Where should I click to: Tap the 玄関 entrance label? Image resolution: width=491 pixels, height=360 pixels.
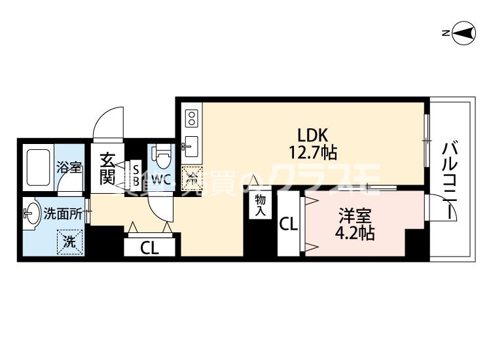107,169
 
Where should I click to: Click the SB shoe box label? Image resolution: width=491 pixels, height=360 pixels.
136,174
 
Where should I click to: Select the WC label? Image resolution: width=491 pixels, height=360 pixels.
161,178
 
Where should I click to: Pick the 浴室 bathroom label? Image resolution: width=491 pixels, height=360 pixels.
68,167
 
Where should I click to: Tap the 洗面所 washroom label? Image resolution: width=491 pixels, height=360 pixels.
62,213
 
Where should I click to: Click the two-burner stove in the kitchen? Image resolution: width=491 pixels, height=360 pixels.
191,118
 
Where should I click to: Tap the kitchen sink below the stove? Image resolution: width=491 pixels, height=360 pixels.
191,144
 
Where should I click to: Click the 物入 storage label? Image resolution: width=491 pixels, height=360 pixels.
260,205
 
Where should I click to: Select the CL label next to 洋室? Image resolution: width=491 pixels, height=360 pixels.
289,225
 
